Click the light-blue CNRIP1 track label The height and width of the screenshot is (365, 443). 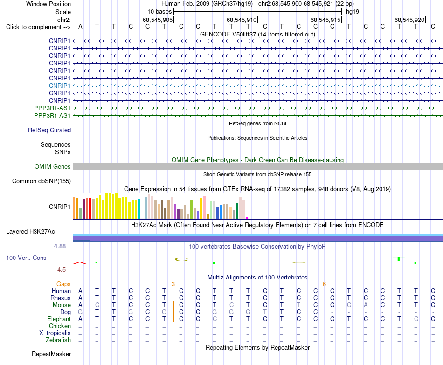(60, 86)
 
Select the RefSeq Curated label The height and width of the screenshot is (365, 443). (49, 130)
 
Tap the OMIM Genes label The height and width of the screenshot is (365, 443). (53, 166)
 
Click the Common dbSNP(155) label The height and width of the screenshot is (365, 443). (42, 181)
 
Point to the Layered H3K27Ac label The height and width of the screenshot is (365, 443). (30, 231)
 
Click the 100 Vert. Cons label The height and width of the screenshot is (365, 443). (26, 258)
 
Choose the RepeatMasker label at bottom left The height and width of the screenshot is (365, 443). (51, 354)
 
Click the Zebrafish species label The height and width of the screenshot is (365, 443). (58, 340)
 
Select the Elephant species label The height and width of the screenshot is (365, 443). (59, 319)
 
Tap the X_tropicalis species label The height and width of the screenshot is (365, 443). (55, 333)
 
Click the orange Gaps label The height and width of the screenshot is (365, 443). (63, 284)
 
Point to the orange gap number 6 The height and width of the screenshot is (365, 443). (325, 284)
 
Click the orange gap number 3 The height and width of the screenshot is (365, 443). (173, 284)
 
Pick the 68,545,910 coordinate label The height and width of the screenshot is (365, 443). (242, 20)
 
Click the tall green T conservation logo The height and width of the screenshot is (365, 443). (399, 258)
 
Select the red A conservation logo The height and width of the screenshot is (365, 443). (80, 263)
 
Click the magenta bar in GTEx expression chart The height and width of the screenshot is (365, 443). (247, 218)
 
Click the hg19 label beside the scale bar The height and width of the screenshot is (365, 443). (353, 12)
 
